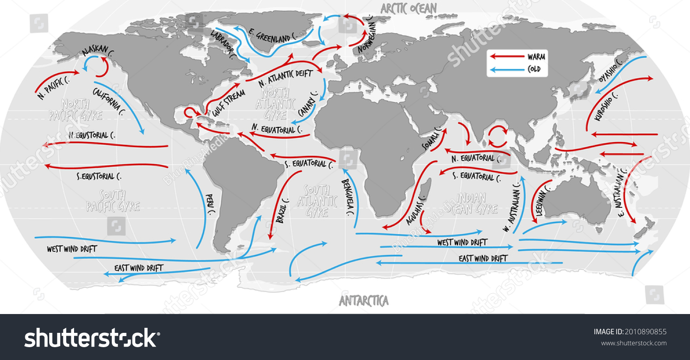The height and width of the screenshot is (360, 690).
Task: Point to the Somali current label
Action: click(431, 140)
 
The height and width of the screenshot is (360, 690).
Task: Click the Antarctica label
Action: click(363, 301)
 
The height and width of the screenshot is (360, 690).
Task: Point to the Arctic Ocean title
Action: click(408, 7)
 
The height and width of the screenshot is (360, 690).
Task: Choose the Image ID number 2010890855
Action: click(645, 331)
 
